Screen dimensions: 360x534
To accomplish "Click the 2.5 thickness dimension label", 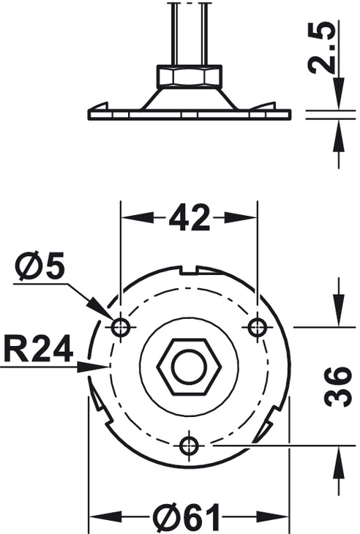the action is pos(320,48).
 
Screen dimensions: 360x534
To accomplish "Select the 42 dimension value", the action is pos(189,217).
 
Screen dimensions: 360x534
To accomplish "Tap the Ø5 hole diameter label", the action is pos(40,266).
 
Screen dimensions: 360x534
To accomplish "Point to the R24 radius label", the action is pos(39,349).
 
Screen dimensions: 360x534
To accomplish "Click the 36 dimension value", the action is pos(337,386).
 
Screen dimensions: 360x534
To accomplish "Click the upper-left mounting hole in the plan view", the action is pos(121,328).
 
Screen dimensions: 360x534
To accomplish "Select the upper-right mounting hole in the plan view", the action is pos(257,328).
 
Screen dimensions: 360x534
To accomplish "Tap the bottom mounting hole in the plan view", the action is pos(189,445).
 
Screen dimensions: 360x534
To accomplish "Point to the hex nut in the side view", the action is pos(189,77).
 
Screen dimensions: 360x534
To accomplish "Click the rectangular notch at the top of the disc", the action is pos(190,270).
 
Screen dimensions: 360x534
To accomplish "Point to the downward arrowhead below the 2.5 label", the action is pos(339,93).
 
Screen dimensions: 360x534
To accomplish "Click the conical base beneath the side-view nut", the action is pos(189,99).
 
